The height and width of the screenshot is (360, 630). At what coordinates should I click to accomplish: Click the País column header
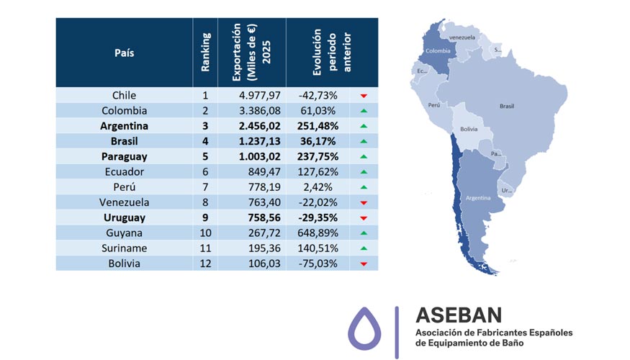click(x=124, y=53)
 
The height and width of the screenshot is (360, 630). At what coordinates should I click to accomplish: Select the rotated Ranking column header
click(x=206, y=53)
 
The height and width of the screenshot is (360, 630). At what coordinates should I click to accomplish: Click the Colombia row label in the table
click(x=124, y=111)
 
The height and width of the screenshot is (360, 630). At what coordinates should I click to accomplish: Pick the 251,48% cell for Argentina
click(x=318, y=126)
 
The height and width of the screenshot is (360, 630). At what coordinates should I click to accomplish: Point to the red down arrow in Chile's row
click(x=364, y=96)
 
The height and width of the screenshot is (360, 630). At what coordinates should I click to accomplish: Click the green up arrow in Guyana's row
click(x=364, y=233)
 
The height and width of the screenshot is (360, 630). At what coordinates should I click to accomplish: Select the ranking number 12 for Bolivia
click(x=206, y=264)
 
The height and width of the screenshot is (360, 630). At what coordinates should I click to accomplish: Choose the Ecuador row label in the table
click(x=124, y=172)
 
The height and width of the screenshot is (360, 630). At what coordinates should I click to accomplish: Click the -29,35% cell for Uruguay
click(x=318, y=217)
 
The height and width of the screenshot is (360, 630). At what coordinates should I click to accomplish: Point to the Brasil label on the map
click(x=507, y=106)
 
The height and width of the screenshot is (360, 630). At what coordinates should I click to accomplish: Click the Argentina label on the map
click(x=478, y=197)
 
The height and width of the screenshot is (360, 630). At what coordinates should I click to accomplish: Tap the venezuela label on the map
click(x=462, y=36)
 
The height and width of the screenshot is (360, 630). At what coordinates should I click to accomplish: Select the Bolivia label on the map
click(x=469, y=130)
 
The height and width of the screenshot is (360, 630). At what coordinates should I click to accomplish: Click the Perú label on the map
click(x=434, y=105)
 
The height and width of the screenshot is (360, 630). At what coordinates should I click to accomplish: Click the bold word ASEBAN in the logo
click(x=459, y=315)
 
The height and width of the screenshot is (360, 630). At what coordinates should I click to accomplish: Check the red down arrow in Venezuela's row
click(x=364, y=203)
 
